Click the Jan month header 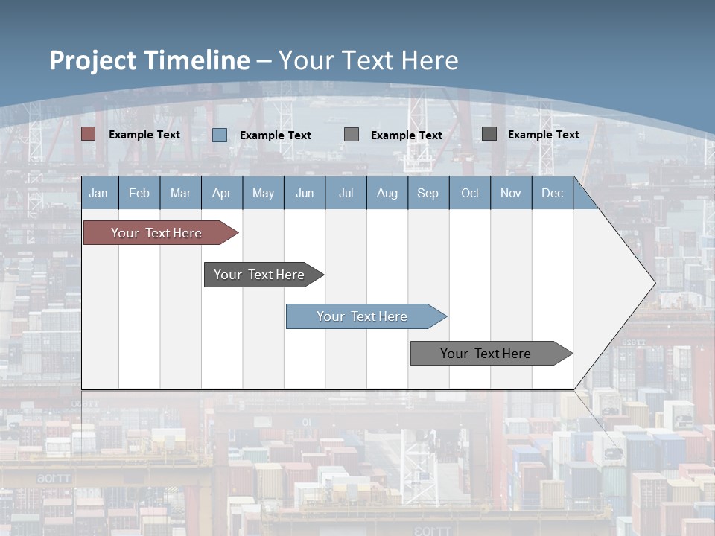(99, 193)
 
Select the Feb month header (139, 193)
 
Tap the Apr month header (222, 193)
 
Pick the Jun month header (305, 193)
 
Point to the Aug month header (387, 193)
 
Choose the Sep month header (428, 193)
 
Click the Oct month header (470, 193)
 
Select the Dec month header (553, 193)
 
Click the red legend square (89, 134)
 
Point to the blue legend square (220, 135)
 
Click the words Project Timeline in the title (150, 60)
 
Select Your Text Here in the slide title (369, 60)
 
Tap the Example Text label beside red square (144, 135)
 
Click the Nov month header (511, 193)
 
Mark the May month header (263, 193)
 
